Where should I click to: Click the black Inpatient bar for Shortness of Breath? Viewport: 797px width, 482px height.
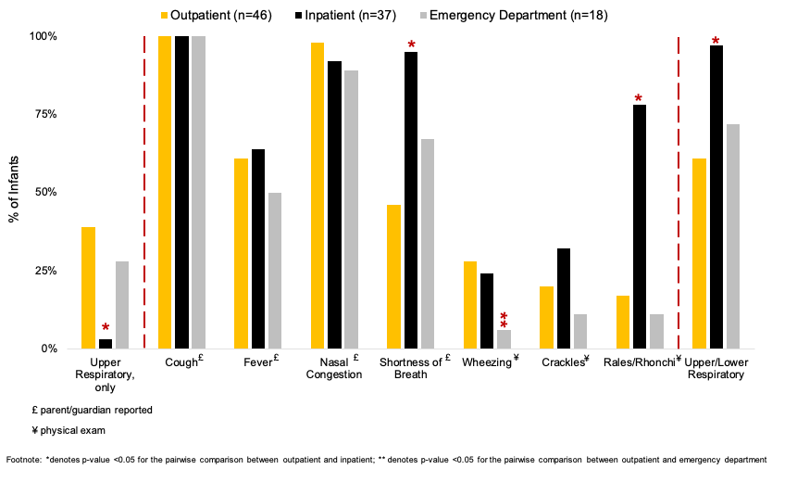(x=410, y=200)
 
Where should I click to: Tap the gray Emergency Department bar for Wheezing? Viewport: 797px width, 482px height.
(x=504, y=339)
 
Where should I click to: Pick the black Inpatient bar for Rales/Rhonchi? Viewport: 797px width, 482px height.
(x=639, y=226)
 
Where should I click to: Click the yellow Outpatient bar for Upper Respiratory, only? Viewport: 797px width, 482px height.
(x=89, y=287)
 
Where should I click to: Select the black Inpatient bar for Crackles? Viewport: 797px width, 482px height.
(x=563, y=298)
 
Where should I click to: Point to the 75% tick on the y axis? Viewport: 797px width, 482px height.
(x=44, y=114)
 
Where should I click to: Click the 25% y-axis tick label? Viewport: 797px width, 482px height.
(x=44, y=271)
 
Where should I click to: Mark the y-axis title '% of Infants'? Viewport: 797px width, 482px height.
(x=15, y=193)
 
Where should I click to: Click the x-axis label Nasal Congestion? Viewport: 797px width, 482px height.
(x=335, y=368)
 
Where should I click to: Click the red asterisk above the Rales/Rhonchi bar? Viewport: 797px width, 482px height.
(x=639, y=99)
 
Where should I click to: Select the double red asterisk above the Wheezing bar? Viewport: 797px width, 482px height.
(x=504, y=321)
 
